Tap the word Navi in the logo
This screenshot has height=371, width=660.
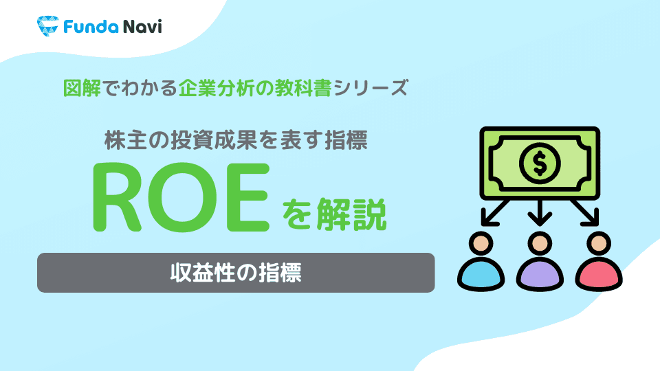pos(135,27)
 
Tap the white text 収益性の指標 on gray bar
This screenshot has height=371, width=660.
pos(236,273)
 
